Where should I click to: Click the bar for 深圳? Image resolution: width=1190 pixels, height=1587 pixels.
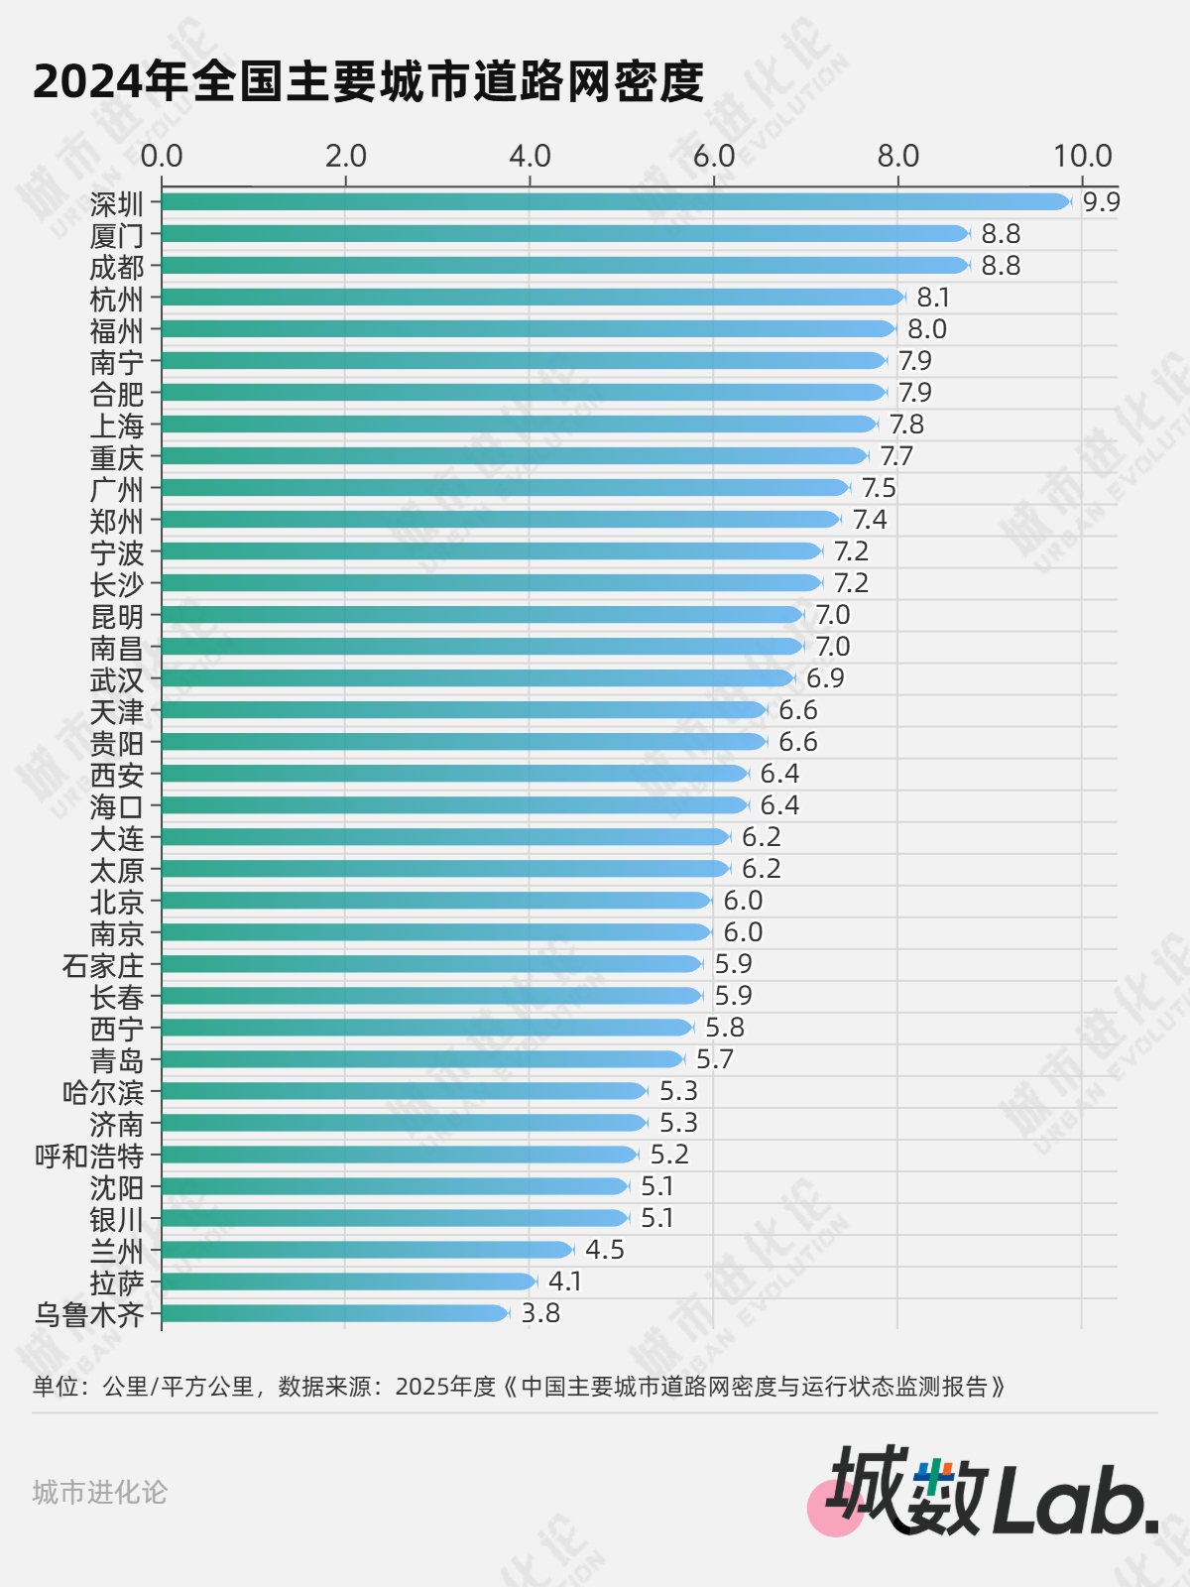pos(615,202)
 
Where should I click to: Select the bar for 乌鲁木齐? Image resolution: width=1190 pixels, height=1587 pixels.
pos(335,1313)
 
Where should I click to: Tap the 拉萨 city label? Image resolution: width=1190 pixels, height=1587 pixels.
pos(117,1282)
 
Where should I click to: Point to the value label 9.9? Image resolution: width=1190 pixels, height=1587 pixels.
pos(1101,202)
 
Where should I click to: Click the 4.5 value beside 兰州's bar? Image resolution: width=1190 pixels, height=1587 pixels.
pos(605,1250)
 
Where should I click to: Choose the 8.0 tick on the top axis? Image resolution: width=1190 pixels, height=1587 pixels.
pos(897,156)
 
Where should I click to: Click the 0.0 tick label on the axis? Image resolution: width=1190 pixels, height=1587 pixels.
pos(162,156)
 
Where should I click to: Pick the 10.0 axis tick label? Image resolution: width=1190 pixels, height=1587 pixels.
pos(1082,156)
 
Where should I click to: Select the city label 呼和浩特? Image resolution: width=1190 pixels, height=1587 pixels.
pos(89,1156)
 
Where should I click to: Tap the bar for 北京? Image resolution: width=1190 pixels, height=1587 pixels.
pos(436,901)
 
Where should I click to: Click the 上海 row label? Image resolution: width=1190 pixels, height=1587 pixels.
pos(117,426)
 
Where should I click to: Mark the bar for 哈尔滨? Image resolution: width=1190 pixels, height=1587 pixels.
pos(405,1091)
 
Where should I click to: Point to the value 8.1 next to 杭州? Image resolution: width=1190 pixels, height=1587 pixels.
pos(933,298)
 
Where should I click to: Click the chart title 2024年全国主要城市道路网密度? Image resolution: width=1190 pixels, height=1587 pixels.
pos(368,81)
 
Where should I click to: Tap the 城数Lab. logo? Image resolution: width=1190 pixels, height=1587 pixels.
pos(992,1493)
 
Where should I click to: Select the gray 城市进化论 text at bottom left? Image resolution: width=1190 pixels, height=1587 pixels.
pos(100,1492)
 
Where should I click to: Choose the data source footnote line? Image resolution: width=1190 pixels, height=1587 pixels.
pos(519,1386)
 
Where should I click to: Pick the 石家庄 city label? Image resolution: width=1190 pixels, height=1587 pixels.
pos(103,965)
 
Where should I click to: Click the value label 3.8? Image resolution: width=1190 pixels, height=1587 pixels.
pos(540,1313)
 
